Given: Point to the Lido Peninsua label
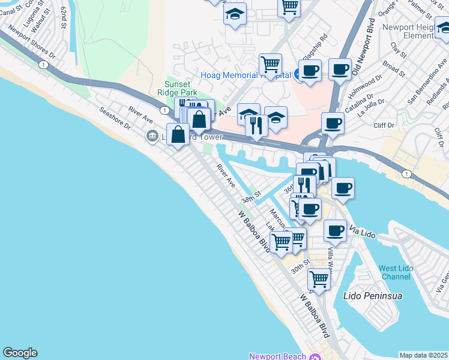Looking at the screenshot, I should click(372, 296).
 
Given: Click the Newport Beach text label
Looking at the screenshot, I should click(278, 356).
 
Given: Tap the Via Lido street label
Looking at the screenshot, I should click(361, 231).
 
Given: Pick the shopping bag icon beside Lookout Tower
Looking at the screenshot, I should click(178, 134).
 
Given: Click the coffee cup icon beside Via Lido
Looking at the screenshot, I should click(335, 230).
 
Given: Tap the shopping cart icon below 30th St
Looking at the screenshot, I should click(319, 279).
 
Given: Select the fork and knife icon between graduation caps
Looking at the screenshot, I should click(256, 125).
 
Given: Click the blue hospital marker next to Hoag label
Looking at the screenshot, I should click(298, 74).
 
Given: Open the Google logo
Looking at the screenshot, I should click(20, 353).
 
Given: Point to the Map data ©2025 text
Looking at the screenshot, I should click(424, 355).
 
